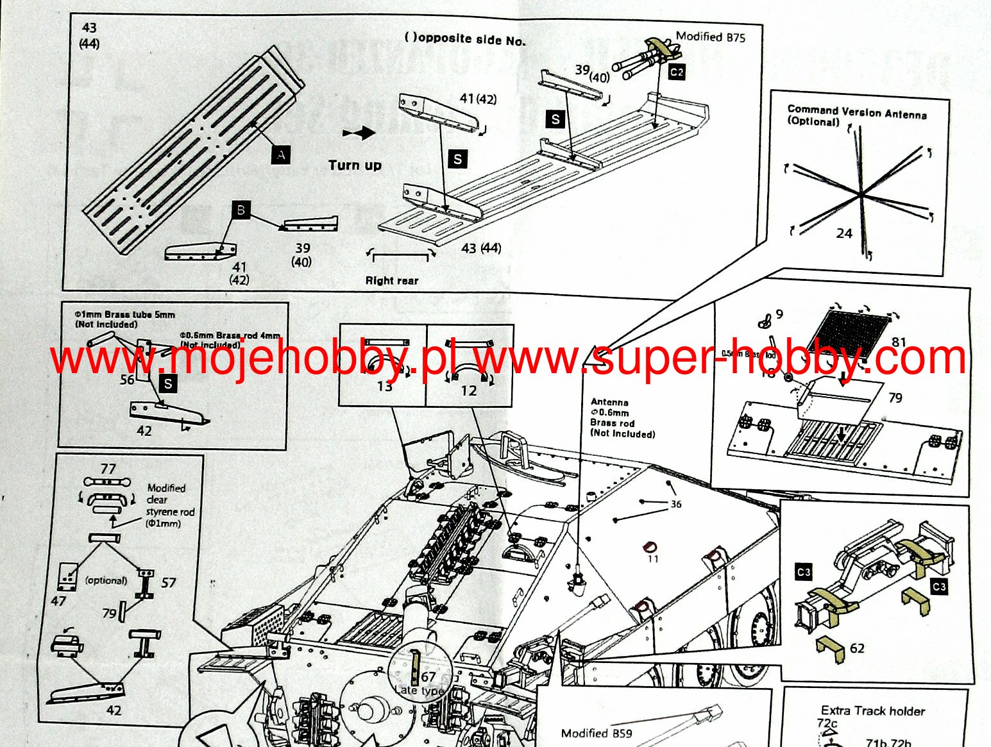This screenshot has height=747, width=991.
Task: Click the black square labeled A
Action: tap(280, 154)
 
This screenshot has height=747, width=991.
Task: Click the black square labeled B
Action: tap(241, 210)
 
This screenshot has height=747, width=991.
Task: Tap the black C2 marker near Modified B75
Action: tap(677, 72)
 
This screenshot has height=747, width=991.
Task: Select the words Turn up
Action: tap(355, 165)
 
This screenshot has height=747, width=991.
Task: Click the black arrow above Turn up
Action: tap(359, 133)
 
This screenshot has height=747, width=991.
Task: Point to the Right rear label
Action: tap(391, 281)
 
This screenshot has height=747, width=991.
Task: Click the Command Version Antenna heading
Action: tap(856, 113)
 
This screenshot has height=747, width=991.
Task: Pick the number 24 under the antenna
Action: tap(843, 233)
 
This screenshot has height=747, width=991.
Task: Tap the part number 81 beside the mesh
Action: tap(899, 342)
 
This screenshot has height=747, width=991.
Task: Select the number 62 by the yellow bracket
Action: tap(857, 648)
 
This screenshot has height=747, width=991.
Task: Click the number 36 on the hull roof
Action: tap(676, 504)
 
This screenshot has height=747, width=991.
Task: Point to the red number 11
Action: tap(653, 559)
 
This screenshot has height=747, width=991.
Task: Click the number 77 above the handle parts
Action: tap(108, 469)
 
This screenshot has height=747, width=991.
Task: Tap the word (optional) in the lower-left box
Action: tap(106, 580)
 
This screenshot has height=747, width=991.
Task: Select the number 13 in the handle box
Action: tap(384, 386)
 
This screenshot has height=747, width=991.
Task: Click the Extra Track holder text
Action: tap(872, 710)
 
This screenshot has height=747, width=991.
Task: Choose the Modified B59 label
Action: tap(596, 733)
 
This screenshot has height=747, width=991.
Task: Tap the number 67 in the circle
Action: tap(428, 676)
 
